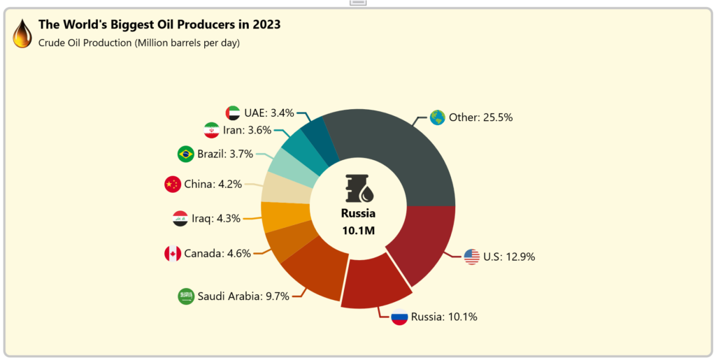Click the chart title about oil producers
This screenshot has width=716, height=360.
[159, 24]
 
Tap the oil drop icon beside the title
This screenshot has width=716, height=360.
[22, 33]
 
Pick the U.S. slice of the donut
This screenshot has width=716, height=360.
[422, 241]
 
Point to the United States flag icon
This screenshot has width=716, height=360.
[472, 257]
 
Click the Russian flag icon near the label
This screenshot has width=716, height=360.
[399, 317]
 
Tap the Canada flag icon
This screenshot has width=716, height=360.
[172, 253]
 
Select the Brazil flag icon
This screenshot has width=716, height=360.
[185, 154]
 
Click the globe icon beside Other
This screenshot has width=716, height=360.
[438, 117]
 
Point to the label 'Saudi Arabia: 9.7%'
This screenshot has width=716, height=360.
[243, 296]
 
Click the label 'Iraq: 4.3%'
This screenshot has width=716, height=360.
[216, 218]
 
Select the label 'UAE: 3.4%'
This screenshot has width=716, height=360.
[269, 113]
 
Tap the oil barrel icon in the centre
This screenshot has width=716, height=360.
[359, 187]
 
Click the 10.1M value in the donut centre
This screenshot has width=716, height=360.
[358, 230]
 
